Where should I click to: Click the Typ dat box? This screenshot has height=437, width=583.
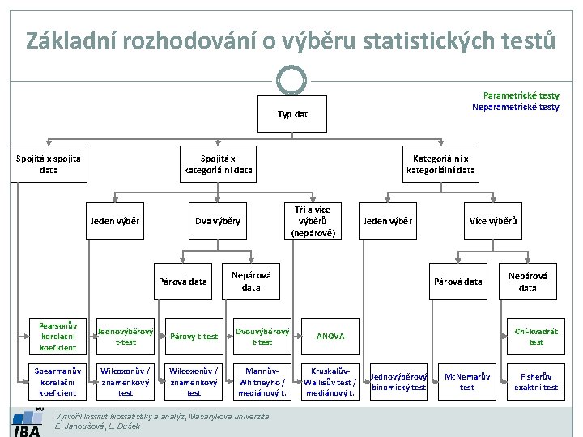pos(291,114)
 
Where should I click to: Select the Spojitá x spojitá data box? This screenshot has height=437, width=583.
pos(48,164)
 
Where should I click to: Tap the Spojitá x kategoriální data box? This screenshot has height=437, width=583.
pos(218,164)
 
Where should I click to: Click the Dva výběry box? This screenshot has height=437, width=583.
pos(217,221)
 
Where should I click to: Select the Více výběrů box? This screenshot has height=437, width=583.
pos(493,221)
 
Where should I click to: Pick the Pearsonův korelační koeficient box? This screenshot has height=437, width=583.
pos(58,336)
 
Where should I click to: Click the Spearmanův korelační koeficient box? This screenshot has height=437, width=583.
pos(58,381)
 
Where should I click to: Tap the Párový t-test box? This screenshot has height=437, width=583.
pos(194,336)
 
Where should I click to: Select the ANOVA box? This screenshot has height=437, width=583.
pos(330,336)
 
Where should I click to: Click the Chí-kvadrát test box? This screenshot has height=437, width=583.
pos(536,336)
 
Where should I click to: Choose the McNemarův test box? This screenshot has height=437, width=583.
pos(467,381)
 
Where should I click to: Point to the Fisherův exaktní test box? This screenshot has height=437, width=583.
pos(536,381)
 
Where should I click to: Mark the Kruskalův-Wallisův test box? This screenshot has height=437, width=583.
pos(330,381)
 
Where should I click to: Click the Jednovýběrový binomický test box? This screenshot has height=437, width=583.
pos(398,381)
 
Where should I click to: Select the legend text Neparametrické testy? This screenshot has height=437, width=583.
pos(516,107)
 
